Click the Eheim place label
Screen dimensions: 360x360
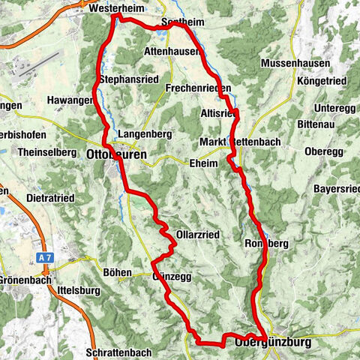pos(203,163)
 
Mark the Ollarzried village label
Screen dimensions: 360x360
pos(197,235)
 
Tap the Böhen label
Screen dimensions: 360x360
pos(118,272)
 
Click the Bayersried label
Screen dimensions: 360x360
pos(337,188)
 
